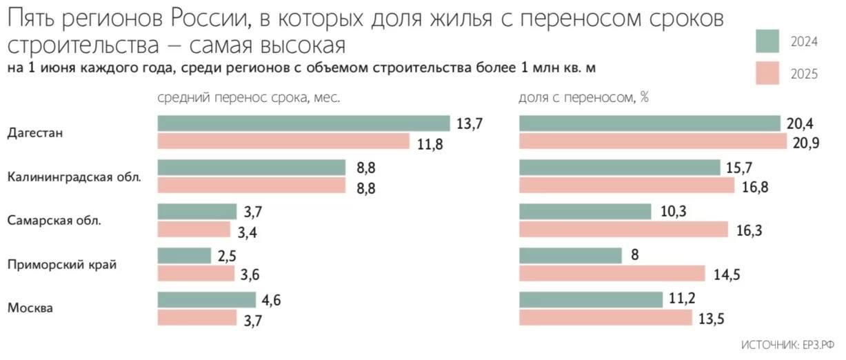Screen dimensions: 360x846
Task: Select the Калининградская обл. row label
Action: click(x=74, y=177)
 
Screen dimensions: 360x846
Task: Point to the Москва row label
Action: click(x=30, y=308)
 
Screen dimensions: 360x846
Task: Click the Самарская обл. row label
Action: click(x=54, y=221)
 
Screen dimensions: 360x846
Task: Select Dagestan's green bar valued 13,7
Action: click(x=303, y=123)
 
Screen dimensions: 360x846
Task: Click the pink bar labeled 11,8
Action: click(x=283, y=141)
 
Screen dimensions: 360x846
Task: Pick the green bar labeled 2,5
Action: click(x=184, y=255)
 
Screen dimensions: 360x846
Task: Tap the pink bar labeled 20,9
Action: click(x=652, y=141)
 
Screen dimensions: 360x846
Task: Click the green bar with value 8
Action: click(x=570, y=255)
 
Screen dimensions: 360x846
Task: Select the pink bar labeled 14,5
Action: click(x=612, y=274)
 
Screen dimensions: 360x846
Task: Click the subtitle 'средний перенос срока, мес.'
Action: click(x=249, y=98)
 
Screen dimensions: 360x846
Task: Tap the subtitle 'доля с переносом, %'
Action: click(x=583, y=98)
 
